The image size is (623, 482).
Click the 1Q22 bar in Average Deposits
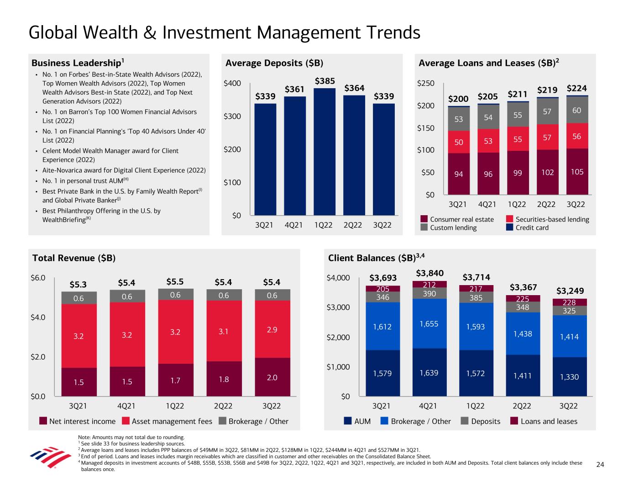click(324, 151)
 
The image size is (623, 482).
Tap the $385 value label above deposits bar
click(325, 81)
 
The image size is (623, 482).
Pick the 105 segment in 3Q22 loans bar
click(577, 171)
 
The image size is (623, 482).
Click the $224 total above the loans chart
click(577, 88)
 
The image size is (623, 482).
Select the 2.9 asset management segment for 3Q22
click(272, 329)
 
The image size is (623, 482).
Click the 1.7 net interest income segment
click(175, 380)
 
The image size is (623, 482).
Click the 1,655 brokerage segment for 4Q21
click(429, 323)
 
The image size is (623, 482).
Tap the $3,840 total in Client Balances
click(429, 273)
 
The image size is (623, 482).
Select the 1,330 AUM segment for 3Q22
click(569, 376)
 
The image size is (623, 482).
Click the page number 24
click(600, 465)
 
